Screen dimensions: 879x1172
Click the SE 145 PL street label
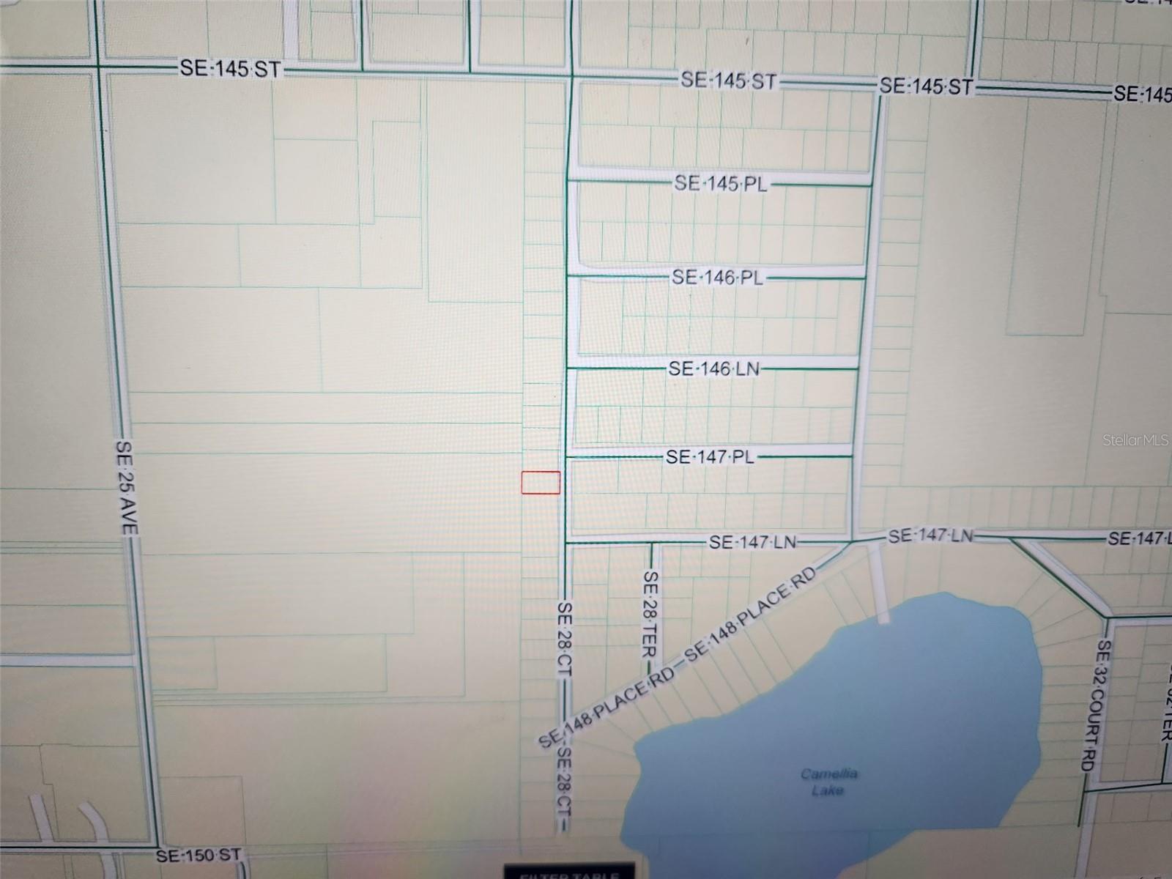721,183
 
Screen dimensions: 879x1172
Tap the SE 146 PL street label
718,278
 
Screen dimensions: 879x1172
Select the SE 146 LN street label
713,368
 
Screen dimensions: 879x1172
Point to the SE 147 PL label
710,457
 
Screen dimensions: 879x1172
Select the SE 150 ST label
198,855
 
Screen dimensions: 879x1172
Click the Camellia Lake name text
828,782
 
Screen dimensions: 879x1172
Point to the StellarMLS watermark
1135,440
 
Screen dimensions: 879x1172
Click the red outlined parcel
541,483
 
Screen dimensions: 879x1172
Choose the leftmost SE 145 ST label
229,69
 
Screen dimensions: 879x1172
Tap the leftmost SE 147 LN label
752,543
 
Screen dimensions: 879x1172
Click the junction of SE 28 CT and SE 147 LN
566,544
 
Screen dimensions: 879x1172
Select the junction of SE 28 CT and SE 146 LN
568,368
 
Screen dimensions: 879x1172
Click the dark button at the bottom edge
569,872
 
